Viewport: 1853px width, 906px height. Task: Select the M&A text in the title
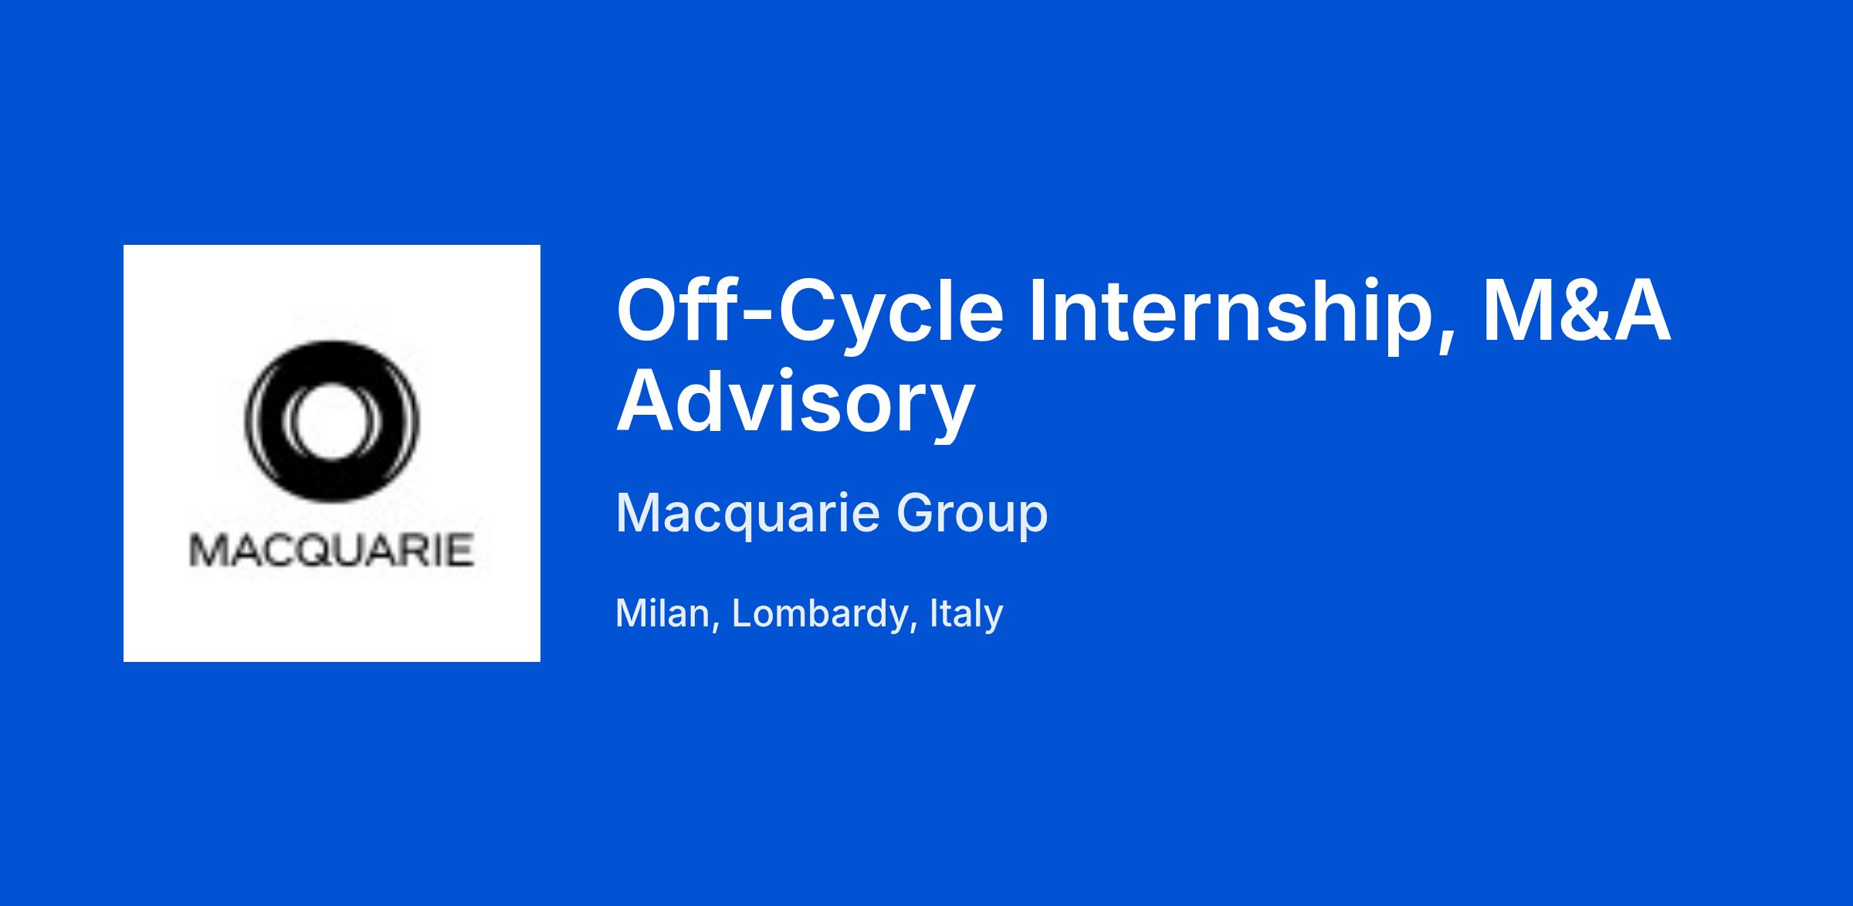pos(1576,311)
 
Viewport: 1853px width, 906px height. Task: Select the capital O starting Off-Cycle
pos(647,312)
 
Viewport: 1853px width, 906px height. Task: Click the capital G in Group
pos(916,512)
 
